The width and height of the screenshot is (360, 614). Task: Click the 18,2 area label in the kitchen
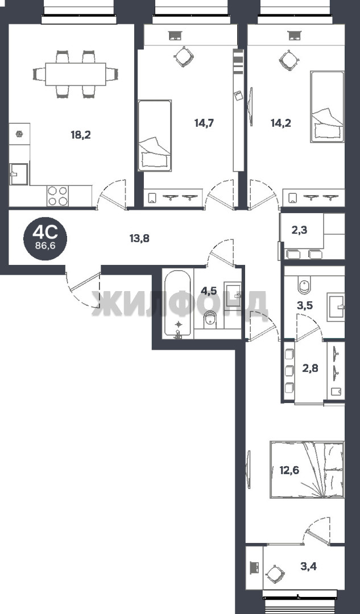click(x=81, y=135)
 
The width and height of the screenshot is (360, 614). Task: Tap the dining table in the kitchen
click(x=76, y=74)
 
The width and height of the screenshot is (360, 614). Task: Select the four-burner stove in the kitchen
click(x=57, y=196)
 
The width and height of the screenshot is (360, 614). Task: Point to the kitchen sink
click(x=19, y=175)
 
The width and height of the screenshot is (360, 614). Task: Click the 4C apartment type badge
click(x=45, y=238)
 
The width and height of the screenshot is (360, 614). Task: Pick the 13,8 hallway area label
click(x=139, y=238)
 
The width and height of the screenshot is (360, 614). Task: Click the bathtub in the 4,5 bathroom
click(x=178, y=304)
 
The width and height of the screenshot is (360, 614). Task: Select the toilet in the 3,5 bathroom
click(x=304, y=285)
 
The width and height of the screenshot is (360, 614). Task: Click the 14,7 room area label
click(x=205, y=123)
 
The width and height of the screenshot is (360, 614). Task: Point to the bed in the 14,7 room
click(x=155, y=135)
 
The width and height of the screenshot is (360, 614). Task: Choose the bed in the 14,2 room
click(x=328, y=106)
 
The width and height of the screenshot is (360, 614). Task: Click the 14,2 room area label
click(x=280, y=123)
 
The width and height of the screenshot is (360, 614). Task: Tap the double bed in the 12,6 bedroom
click(x=307, y=470)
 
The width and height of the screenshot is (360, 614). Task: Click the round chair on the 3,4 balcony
click(x=275, y=574)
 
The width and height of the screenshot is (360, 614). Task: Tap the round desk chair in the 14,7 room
click(x=183, y=57)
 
